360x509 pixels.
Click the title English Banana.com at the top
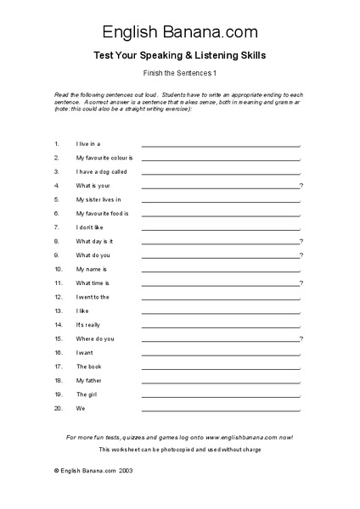[x=180, y=33]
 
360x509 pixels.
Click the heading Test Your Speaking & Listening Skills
[x=180, y=56]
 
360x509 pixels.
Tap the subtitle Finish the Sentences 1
[x=180, y=74]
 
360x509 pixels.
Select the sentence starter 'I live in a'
[x=88, y=143]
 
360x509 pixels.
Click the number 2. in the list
[x=56, y=158]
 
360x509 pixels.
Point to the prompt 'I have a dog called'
[x=101, y=171]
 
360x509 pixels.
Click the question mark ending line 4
[x=301, y=185]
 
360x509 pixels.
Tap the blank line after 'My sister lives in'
[x=221, y=201]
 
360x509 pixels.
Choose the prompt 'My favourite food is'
[x=102, y=213]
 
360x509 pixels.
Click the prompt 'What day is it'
[x=94, y=241]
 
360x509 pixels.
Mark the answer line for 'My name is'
[x=221, y=271]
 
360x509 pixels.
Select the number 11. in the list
[x=58, y=282]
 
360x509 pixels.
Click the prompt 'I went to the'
[x=93, y=297]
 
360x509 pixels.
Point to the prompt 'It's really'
[x=88, y=325]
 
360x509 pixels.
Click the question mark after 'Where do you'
[x=301, y=338]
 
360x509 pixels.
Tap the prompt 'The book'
[x=88, y=366]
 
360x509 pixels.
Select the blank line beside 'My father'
[x=221, y=382]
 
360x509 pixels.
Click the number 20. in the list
[x=58, y=408]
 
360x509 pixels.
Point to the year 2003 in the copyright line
[x=125, y=470]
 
